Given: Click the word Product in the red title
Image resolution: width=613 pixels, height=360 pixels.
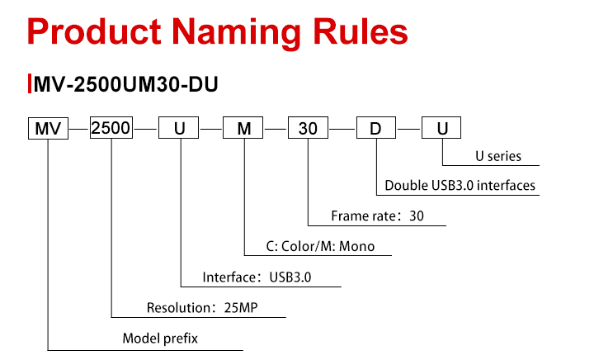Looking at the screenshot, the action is click(x=94, y=31).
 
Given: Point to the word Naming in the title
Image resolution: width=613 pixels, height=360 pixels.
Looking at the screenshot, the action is click(x=236, y=34).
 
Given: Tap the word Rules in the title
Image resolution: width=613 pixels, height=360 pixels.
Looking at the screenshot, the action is click(x=361, y=31).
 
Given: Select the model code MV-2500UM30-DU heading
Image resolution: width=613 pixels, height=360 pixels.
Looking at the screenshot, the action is click(x=126, y=84).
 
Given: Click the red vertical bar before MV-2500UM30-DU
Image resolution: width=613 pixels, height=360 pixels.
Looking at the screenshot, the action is click(x=30, y=83).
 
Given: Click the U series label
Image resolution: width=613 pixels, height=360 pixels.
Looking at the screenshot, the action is click(x=498, y=156).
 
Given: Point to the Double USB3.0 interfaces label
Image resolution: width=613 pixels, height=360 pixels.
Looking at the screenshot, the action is click(x=460, y=185).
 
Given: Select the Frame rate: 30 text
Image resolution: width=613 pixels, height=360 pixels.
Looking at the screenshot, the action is click(x=377, y=216).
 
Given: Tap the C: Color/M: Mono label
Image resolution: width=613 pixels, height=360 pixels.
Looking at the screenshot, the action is click(x=320, y=246).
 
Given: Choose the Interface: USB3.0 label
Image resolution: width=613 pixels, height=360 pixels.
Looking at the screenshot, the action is click(x=257, y=277).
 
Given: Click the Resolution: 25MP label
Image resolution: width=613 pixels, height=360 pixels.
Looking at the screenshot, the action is click(x=202, y=307).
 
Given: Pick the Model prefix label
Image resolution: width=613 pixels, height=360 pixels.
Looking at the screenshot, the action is click(x=160, y=338).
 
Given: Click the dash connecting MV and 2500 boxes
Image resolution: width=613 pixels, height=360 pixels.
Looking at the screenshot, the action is click(x=79, y=129).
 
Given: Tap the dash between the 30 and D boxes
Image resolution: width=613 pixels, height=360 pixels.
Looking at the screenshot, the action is click(x=342, y=129).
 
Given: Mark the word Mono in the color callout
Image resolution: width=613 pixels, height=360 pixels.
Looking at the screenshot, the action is click(x=357, y=246).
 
